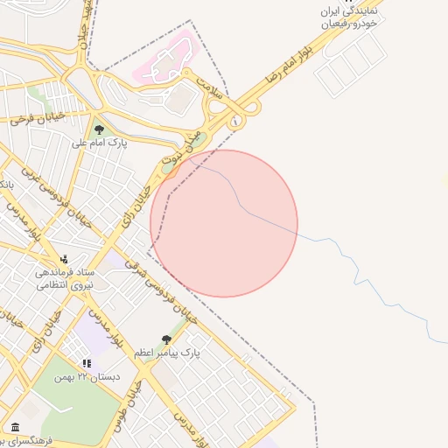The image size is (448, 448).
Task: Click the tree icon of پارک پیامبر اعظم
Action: [166, 339]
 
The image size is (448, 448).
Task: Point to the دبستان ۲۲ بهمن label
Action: [86, 376]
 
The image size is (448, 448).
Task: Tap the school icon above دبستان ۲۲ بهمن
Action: [86, 363]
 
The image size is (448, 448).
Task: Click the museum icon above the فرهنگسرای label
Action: [15, 427]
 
